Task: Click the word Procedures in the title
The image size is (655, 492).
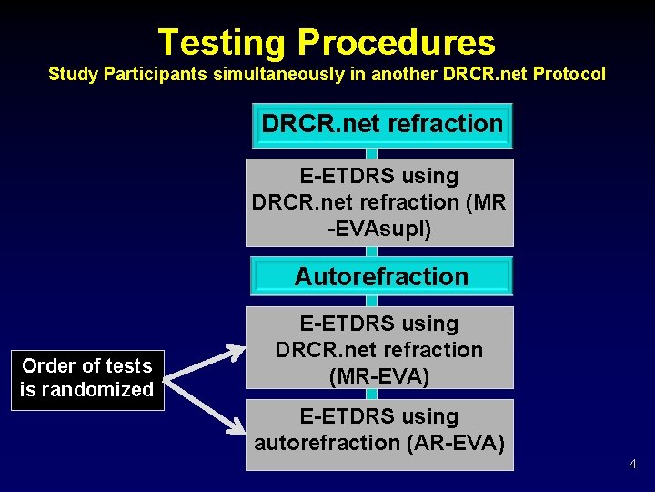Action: [x=396, y=43]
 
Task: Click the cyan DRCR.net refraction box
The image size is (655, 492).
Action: [x=382, y=125]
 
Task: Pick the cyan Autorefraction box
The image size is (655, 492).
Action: [x=381, y=276]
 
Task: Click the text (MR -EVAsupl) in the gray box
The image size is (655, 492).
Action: [x=380, y=216]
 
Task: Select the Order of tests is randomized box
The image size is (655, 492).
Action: [x=87, y=378]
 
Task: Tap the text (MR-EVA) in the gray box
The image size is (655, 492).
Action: [x=380, y=375]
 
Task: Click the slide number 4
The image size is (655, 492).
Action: [x=633, y=466]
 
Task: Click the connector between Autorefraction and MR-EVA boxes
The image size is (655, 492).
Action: [x=370, y=301]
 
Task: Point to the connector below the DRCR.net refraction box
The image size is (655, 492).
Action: [x=370, y=153]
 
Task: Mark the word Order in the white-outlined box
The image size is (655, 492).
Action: [x=46, y=366]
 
